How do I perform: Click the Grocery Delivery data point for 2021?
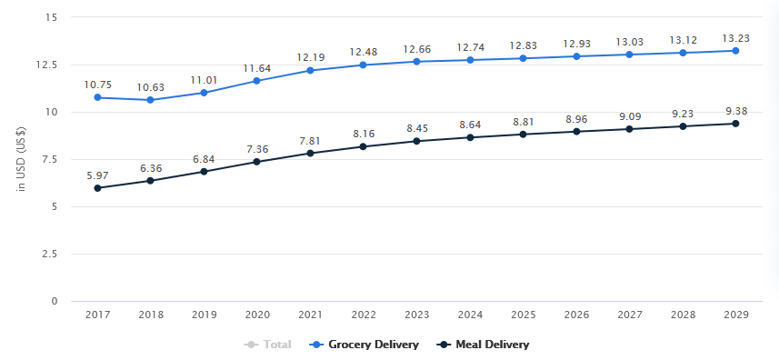(x=310, y=71)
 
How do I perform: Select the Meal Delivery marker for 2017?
(x=97, y=188)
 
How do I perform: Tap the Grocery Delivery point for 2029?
(x=735, y=51)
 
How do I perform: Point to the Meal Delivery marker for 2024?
(x=470, y=137)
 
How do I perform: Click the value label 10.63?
(x=151, y=87)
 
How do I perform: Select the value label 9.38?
(x=735, y=111)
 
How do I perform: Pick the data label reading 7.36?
(x=257, y=149)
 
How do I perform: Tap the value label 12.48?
(x=364, y=50)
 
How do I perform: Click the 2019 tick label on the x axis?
(x=204, y=315)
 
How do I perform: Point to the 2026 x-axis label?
(x=576, y=315)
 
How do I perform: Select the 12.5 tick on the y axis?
(x=48, y=65)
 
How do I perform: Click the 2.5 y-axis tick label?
(x=51, y=255)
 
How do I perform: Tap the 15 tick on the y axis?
(x=53, y=18)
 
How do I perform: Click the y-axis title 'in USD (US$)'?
(x=21, y=160)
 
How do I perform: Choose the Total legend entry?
(x=270, y=345)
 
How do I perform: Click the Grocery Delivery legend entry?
(x=365, y=345)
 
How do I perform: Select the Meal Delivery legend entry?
(x=484, y=345)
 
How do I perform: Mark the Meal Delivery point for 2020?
(x=257, y=162)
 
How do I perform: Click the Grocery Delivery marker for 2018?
(x=151, y=100)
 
